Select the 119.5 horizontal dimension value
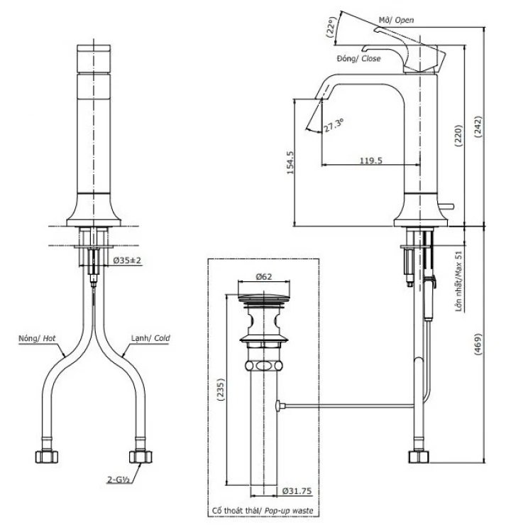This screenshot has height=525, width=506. pyautogui.click(x=370, y=161)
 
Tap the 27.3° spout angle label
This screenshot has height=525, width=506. pyautogui.click(x=334, y=126)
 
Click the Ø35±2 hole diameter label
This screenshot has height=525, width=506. pyautogui.click(x=128, y=261)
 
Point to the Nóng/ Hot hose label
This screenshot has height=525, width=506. pyautogui.click(x=37, y=339)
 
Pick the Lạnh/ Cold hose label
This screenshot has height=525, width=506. pyautogui.click(x=150, y=339)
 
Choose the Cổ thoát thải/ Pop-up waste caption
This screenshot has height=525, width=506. pyautogui.click(x=262, y=511)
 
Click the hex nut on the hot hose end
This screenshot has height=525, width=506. pyautogui.click(x=42, y=454)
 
